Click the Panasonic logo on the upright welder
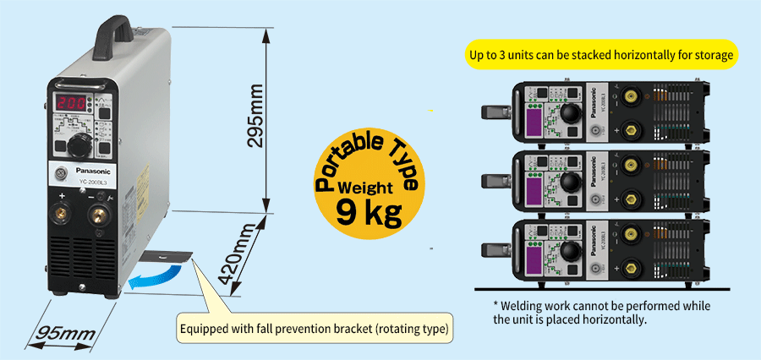(86, 169)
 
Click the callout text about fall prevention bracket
(312, 328)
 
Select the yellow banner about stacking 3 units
(602, 57)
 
